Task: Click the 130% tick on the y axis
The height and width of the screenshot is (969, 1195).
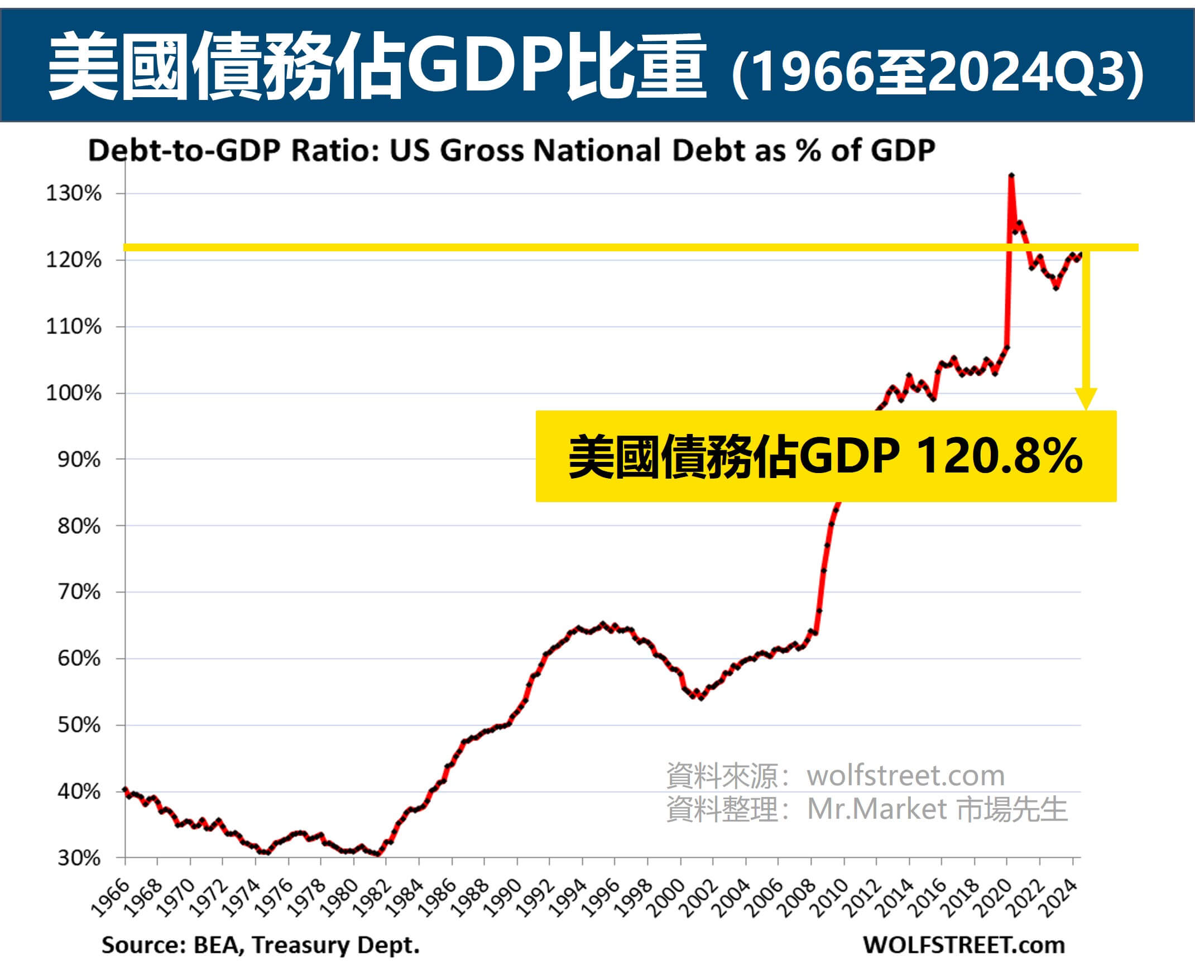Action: click(x=74, y=194)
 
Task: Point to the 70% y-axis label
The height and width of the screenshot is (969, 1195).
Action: click(x=78, y=591)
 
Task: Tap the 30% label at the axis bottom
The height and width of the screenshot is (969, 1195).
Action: click(x=78, y=857)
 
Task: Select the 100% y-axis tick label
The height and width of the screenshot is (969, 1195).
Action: click(x=74, y=393)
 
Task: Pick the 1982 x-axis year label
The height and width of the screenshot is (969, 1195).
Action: click(x=371, y=898)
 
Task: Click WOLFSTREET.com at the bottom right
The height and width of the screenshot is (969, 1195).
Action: click(x=964, y=945)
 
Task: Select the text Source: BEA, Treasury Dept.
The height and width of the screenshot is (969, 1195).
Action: click(x=260, y=945)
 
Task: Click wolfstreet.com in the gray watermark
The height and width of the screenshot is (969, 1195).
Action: click(x=905, y=775)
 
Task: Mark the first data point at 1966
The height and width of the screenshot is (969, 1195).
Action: click(x=125, y=790)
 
